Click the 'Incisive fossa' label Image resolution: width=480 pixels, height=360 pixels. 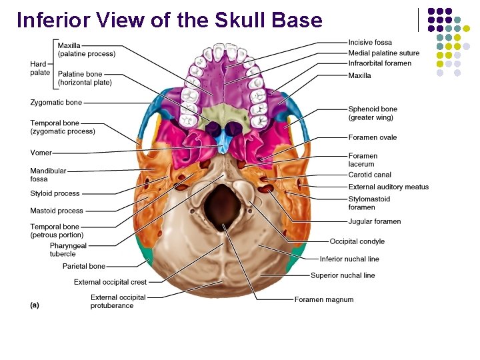pos(370,43)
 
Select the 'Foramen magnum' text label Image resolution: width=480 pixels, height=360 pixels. pos(324,300)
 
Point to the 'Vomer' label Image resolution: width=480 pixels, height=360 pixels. pos(41,153)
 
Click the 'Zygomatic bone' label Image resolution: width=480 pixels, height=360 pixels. pos(56,103)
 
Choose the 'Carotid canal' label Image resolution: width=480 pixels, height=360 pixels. pos(369,175)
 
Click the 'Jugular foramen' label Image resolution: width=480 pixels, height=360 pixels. pos(375,221)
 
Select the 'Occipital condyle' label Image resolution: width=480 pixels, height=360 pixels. pos(357,241)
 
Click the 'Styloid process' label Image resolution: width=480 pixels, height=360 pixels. pos(55,193)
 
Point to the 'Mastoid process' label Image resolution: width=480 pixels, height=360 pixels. pos(57,211)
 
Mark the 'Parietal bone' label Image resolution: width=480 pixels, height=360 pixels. pos(84,266)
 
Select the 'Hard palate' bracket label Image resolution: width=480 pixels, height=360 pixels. pos(39,68)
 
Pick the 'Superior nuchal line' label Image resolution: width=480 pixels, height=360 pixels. pos(343,275)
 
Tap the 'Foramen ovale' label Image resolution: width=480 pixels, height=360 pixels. pos(372,137)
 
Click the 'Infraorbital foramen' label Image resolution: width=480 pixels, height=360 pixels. pos(380,63)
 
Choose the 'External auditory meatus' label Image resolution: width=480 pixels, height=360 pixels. pos(389,187)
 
